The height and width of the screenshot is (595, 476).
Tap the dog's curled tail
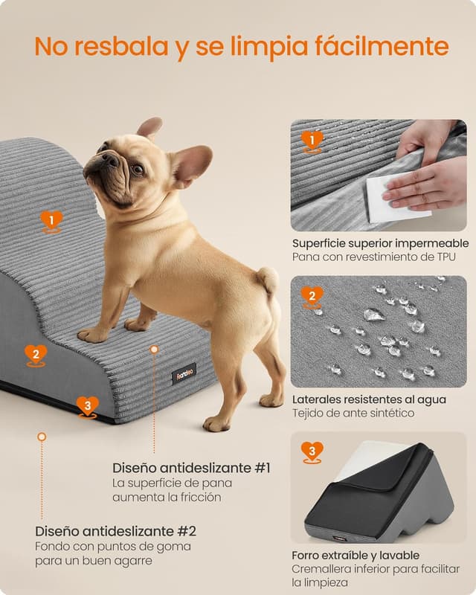268,280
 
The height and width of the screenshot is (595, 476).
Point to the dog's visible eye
137,169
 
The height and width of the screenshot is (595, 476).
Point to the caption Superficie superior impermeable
380,243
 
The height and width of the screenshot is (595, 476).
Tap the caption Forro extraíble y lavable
356,556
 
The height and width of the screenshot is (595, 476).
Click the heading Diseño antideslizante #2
115,531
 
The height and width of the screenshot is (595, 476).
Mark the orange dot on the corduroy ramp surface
154,349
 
